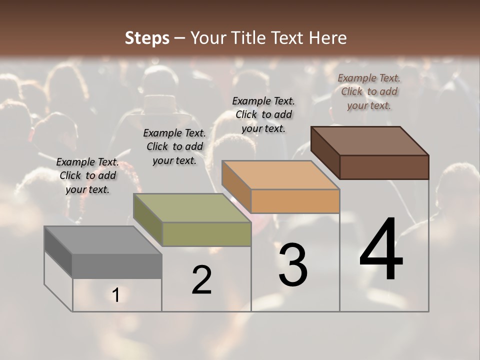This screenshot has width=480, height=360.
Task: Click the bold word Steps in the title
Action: (x=147, y=38)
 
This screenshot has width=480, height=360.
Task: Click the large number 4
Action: (x=381, y=249)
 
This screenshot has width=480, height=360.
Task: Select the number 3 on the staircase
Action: (x=292, y=265)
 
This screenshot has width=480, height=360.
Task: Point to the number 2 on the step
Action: (x=201, y=280)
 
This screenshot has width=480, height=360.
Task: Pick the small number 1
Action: (x=115, y=295)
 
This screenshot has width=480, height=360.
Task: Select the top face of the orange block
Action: (x=280, y=175)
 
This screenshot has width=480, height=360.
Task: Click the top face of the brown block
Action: (x=370, y=141)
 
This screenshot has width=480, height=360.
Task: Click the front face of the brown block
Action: (x=384, y=167)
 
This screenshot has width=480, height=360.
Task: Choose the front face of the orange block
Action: (x=295, y=201)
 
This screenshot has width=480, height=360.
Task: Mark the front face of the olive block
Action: (x=206, y=234)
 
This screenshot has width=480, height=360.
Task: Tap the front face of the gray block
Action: (x=117, y=265)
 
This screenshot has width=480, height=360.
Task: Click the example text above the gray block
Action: (x=87, y=175)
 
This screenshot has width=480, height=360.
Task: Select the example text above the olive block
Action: (x=174, y=146)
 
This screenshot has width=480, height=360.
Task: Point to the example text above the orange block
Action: (x=263, y=114)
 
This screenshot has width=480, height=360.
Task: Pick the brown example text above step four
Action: (x=369, y=91)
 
